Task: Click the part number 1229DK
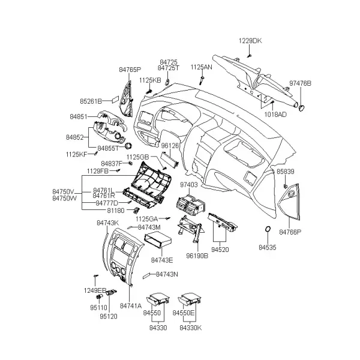pyautogui.click(x=250, y=41)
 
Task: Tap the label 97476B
pyautogui.click(x=300, y=83)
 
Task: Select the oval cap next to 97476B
pyautogui.click(x=301, y=107)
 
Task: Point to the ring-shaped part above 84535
pyautogui.click(x=268, y=229)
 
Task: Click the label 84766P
pyautogui.click(x=290, y=232)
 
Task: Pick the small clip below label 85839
pyautogui.click(x=285, y=185)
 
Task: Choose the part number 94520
pyautogui.click(x=220, y=250)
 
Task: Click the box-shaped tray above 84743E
pyautogui.click(x=158, y=239)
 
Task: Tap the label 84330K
pyautogui.click(x=191, y=328)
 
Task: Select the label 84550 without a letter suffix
pyautogui.click(x=152, y=313)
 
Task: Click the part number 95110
pyautogui.click(x=99, y=308)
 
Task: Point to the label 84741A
pyautogui.click(x=131, y=306)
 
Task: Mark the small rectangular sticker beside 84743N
pyautogui.click(x=146, y=275)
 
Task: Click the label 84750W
pyautogui.click(x=65, y=199)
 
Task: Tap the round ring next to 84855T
pyautogui.click(x=128, y=146)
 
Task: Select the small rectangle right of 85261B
pyautogui.click(x=115, y=100)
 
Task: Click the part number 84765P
pyautogui.click(x=130, y=70)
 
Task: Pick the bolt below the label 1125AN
pyautogui.click(x=202, y=80)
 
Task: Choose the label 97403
pyautogui.click(x=189, y=185)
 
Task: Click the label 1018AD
pyautogui.click(x=275, y=115)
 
